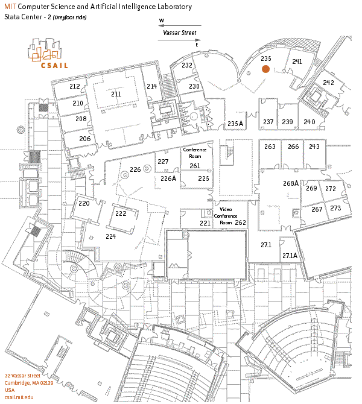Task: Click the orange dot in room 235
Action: [265, 69]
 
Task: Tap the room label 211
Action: [116, 94]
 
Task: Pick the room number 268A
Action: [291, 183]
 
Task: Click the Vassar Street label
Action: [180, 34]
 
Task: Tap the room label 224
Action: [110, 236]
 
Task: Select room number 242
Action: [328, 83]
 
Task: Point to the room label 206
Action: [84, 139]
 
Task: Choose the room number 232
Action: [187, 65]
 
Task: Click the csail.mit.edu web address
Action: [19, 397]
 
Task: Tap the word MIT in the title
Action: [10, 7]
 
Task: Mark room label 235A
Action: [235, 124]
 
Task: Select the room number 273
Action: [335, 208]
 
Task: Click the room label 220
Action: [84, 204]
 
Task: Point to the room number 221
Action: [206, 224]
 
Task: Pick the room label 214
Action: [151, 86]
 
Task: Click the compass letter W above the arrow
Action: [162, 21]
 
